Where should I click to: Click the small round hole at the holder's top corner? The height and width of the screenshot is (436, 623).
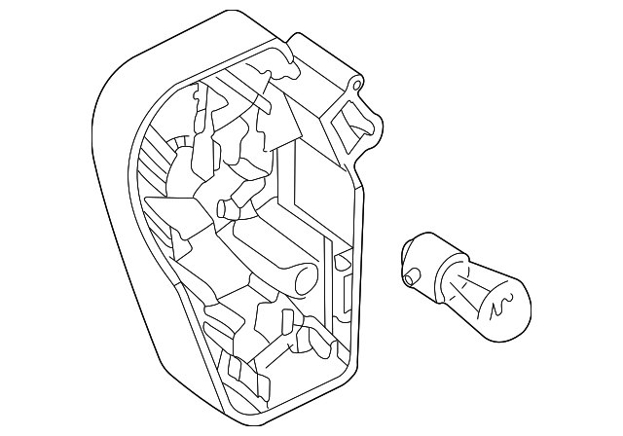click(357, 87)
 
